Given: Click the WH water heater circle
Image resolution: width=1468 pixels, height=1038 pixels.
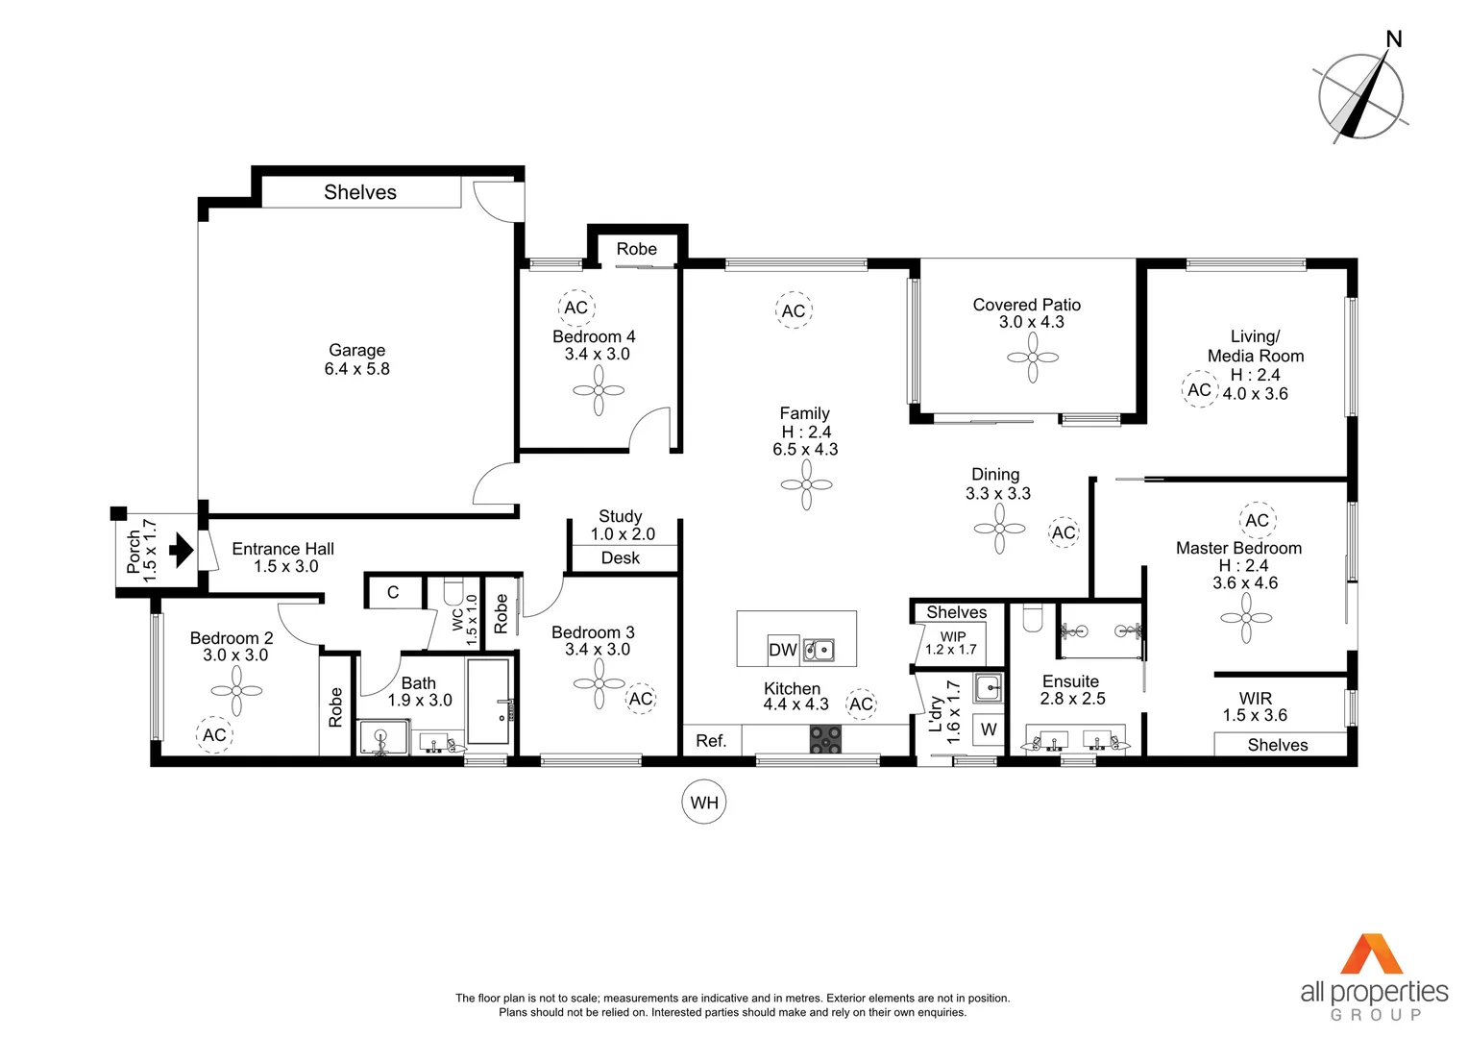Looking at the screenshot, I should point(704,803).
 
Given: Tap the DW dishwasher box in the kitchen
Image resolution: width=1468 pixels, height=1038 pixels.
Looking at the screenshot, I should point(783,650).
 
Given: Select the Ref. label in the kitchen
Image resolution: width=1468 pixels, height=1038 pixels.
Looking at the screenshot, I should point(711,741).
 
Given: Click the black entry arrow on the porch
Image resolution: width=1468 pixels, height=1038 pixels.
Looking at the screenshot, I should point(181,551).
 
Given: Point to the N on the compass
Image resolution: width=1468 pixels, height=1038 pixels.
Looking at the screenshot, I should point(1394,39).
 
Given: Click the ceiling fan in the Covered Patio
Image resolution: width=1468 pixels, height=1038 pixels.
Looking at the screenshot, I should point(1033,358).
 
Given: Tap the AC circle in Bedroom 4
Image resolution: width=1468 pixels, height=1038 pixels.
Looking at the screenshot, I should point(576,308).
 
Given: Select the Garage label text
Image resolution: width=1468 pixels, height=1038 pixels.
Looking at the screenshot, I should point(356,351).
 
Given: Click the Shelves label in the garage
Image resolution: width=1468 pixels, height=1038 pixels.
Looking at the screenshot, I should point(360,192).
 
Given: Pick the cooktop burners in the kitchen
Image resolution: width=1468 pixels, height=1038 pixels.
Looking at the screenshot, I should point(825,739).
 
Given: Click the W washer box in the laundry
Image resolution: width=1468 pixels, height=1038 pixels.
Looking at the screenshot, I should point(989,730).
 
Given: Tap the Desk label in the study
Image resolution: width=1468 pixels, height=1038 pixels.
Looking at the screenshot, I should point(621,558).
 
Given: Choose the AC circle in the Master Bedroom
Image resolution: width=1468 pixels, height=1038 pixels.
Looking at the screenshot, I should point(1258,520).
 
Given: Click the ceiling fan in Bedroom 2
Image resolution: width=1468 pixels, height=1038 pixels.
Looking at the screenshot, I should point(236,690).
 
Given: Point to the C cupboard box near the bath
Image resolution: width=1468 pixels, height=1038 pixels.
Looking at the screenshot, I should point(393,592).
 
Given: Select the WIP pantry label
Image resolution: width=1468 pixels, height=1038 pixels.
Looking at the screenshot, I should point(953,636).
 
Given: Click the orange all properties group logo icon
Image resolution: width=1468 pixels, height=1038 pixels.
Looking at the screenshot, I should point(1373,953).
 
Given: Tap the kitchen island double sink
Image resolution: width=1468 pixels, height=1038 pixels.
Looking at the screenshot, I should point(819,651).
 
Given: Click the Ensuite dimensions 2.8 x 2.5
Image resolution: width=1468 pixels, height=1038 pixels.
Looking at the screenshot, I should point(1072,699).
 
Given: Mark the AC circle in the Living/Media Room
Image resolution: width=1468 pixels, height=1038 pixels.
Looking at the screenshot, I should point(1199,389).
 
